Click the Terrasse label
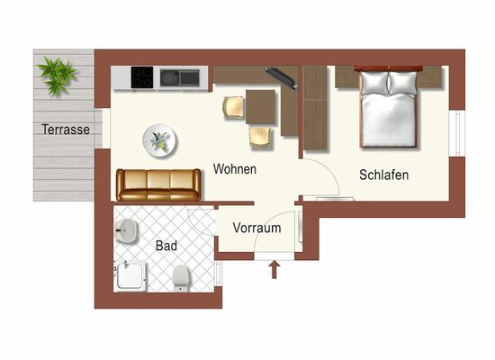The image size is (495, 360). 66,130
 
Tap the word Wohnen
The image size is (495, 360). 235,169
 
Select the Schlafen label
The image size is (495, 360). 384,175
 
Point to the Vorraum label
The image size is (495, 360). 256,228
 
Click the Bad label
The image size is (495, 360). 166,246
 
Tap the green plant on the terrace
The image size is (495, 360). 57,76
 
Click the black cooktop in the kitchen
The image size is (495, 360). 142,77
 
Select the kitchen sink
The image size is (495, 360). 180,78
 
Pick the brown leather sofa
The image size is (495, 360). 158,185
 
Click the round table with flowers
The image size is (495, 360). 159,140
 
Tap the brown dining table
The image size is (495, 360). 260,107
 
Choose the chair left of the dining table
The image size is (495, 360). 234,108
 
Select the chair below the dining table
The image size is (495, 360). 260,138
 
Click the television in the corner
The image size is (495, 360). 282,78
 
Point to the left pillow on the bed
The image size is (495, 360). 374,83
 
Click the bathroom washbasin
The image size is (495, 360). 126,231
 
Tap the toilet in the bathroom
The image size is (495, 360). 181,278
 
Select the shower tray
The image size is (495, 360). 130,276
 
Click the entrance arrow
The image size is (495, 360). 274,269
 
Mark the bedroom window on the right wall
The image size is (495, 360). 457,133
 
